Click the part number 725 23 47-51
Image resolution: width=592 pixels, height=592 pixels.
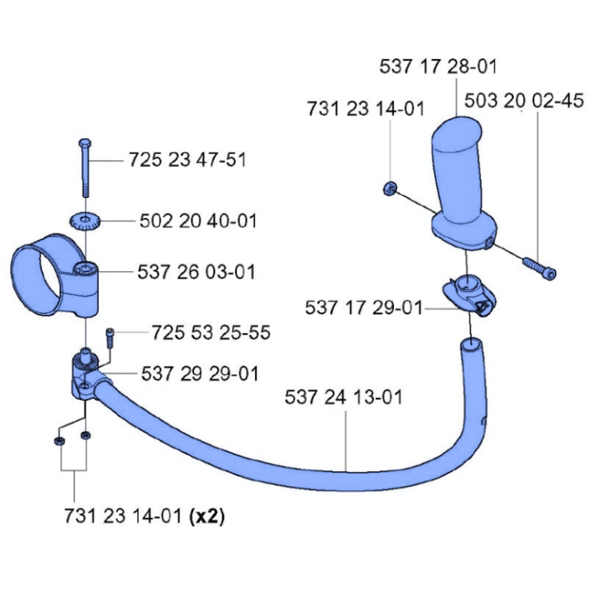pos(187,160)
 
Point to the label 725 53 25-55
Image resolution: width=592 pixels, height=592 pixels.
pos(210,333)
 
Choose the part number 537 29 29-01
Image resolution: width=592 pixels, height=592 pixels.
pos(200,373)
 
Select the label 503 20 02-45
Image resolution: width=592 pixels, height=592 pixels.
pos(524,100)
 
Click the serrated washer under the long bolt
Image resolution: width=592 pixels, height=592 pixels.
pos(84,220)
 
